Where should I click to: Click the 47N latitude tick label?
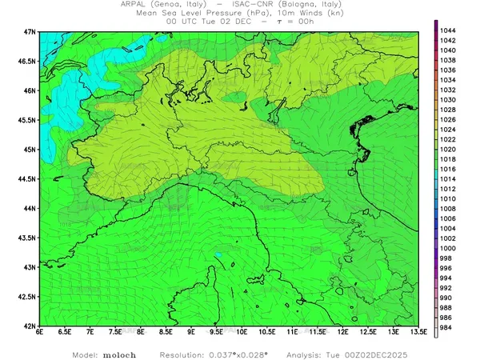(x=30, y=31)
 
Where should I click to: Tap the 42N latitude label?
(x=30, y=326)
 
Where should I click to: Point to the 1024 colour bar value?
(x=448, y=129)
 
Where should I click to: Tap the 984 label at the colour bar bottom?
(x=448, y=327)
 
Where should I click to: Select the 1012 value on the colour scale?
(x=448, y=189)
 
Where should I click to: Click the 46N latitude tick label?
(x=30, y=90)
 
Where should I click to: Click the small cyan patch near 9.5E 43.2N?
(x=218, y=255)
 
